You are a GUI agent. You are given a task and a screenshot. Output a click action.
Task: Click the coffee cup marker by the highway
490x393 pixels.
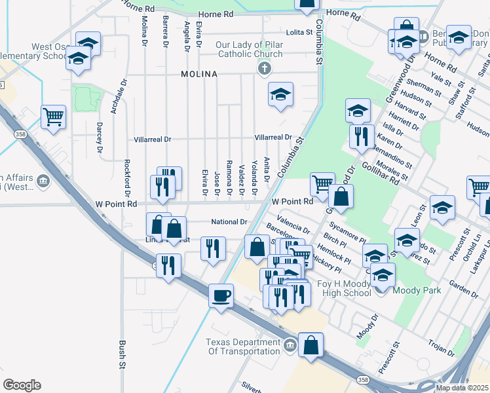coord(221,295)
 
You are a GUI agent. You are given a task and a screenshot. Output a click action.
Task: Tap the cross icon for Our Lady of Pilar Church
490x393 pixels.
coord(264,68)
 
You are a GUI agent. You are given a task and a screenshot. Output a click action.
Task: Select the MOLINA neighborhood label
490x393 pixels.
coord(199,75)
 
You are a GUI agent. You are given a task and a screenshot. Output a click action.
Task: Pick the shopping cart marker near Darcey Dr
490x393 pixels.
coord(54,117)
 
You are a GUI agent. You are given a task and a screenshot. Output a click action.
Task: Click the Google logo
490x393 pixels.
coord(22,384)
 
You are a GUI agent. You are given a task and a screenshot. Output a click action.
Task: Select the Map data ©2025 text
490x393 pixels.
coord(462,388)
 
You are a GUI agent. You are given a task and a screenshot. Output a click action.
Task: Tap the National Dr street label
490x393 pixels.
coord(229,222)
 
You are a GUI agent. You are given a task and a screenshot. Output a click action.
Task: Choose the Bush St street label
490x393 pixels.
coord(122,354)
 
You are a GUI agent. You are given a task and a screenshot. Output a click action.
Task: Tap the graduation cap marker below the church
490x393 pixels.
coord(280,96)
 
